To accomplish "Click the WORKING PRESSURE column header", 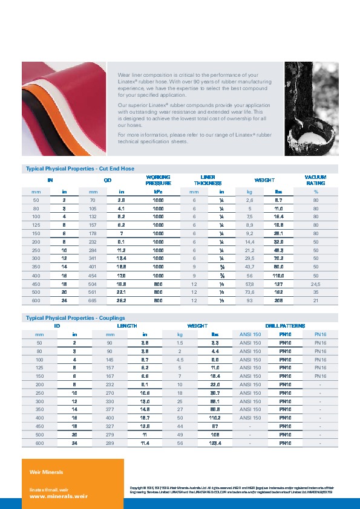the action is click(x=159, y=180).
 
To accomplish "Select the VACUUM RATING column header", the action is click(x=315, y=180).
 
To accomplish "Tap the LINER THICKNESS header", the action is click(x=208, y=180).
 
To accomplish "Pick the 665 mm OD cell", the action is click(x=93, y=301).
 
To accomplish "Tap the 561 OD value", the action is click(x=93, y=291).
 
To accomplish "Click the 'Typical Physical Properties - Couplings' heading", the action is click(x=75, y=317).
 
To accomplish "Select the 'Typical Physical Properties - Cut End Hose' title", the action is click(x=79, y=168).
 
